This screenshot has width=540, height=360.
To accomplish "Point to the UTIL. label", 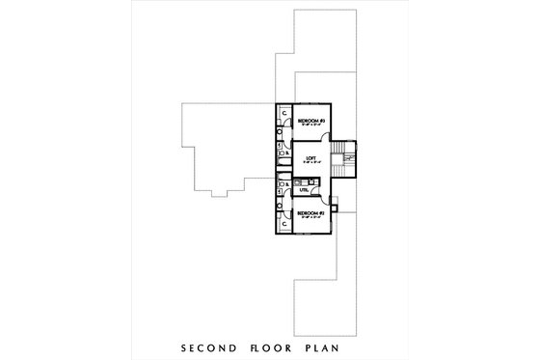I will point(304,189).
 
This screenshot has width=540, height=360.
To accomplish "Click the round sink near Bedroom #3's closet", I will point(280,132).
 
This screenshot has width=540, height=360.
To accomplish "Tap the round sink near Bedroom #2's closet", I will point(280,205).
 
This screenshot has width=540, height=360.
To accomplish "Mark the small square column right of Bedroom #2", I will point(334,206).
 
